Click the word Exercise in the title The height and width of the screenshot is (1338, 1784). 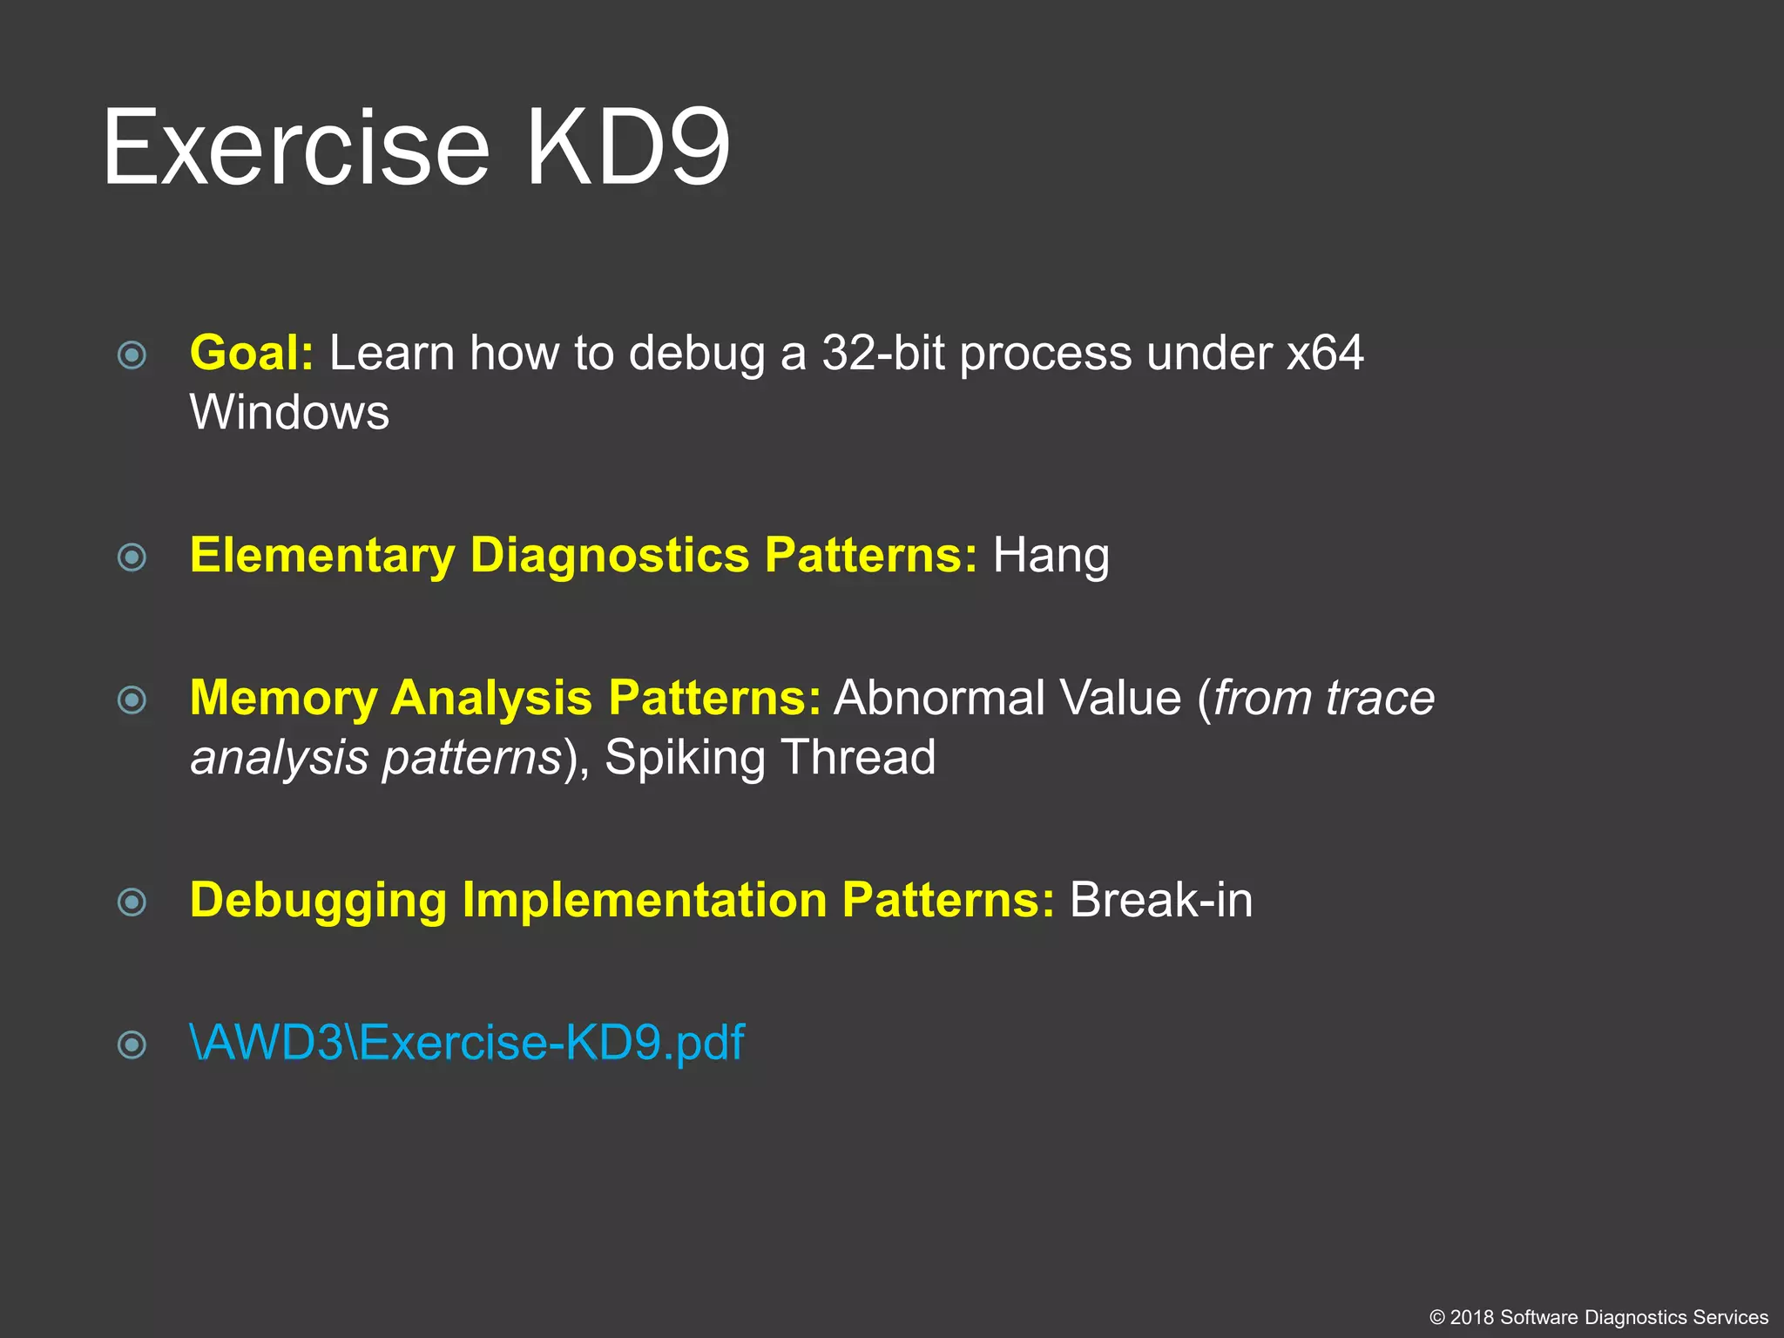pos(296,148)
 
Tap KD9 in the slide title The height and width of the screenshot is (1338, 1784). pos(627,148)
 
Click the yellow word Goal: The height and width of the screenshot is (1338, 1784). pos(251,354)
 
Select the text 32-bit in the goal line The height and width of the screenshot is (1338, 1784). pos(882,354)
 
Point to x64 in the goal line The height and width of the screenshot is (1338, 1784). pos(1325,354)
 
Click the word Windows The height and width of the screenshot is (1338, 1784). pos(289,412)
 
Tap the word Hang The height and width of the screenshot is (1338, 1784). pos(1051,556)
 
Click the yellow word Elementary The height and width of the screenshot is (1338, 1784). pos(322,556)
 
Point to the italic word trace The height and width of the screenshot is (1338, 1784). pos(1380,698)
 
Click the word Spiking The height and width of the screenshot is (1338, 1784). pos(684,757)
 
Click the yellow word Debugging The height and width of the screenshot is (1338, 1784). pos(318,900)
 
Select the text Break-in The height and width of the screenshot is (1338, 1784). pos(1160,900)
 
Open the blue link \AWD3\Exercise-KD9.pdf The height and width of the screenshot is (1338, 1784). pos(467,1043)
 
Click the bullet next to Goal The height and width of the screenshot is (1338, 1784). pos(132,355)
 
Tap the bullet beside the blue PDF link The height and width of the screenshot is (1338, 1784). pos(132,1044)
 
